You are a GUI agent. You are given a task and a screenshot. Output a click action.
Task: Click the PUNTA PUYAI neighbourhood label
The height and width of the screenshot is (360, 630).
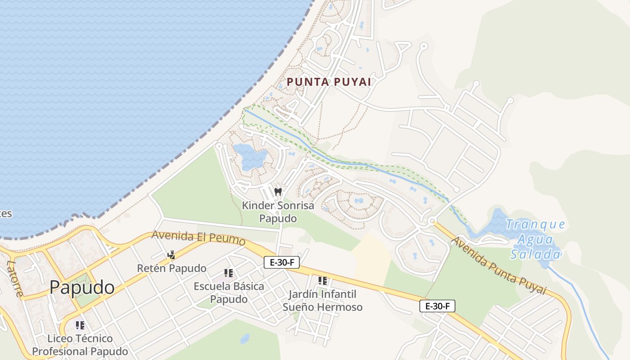click(x=329, y=82)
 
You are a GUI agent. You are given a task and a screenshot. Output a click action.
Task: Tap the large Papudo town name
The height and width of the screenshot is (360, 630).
click(x=82, y=287)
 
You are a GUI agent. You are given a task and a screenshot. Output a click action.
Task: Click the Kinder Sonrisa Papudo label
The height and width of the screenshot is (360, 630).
click(x=278, y=212)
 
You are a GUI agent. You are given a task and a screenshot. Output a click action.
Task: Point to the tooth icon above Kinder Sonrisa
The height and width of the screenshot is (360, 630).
click(x=278, y=192)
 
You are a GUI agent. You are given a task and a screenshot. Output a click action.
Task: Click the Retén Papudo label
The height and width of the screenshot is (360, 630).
click(x=171, y=269)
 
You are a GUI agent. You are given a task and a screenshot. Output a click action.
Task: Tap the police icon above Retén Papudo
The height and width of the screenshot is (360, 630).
click(x=171, y=255)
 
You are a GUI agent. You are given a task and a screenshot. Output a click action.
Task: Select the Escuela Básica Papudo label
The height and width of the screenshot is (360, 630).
click(x=229, y=292)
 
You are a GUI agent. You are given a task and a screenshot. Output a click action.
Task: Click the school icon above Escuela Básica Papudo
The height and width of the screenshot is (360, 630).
click(x=229, y=273)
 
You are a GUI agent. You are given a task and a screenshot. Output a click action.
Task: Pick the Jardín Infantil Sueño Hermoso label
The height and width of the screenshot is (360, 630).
click(x=322, y=301)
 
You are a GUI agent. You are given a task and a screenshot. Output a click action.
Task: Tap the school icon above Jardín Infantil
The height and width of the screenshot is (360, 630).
click(x=322, y=281)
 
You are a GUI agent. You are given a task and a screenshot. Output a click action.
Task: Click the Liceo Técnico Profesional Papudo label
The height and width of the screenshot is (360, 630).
click(x=80, y=345)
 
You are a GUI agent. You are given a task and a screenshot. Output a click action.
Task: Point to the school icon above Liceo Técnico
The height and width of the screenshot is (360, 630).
click(x=80, y=325)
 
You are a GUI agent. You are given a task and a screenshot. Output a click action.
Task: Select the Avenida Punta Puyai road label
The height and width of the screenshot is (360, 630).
click(x=499, y=265)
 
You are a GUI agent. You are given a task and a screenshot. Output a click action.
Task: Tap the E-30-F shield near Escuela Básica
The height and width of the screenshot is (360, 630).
click(x=282, y=262)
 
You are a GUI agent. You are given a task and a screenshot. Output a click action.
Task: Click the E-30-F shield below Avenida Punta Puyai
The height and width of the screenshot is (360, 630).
click(x=437, y=306)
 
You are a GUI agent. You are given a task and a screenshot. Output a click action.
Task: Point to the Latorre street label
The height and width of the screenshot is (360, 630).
click(x=15, y=279)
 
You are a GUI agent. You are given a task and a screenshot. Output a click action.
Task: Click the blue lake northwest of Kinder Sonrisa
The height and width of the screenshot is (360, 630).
click(x=250, y=157)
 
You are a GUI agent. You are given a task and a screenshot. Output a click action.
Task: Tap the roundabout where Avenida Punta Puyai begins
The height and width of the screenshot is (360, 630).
click(x=432, y=221)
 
